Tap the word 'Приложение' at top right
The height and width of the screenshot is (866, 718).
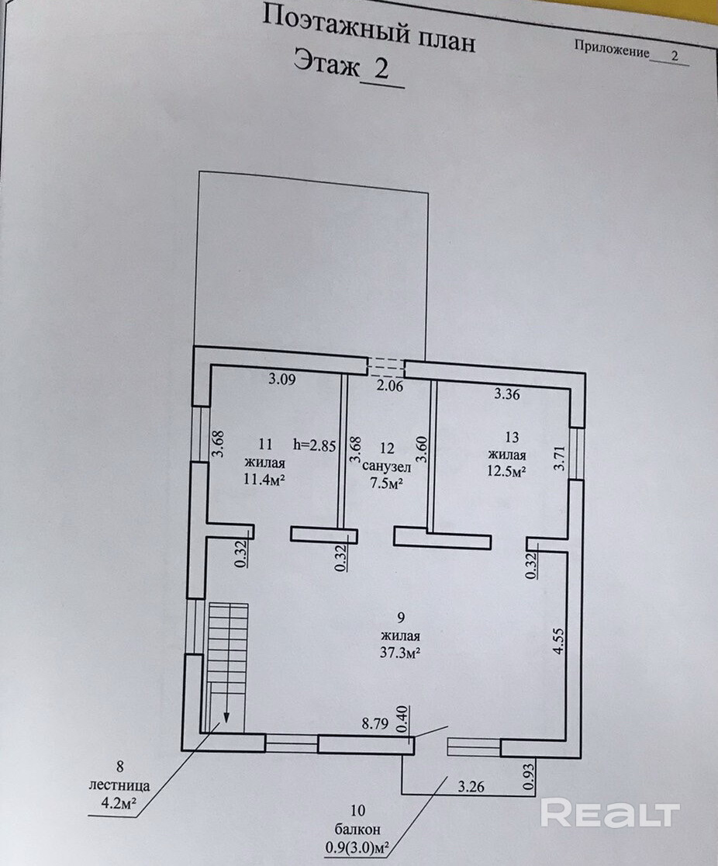(612, 48)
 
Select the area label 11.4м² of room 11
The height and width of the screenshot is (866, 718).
(263, 479)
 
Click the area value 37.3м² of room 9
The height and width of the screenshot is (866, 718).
(399, 653)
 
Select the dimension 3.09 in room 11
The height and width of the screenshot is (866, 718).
(282, 380)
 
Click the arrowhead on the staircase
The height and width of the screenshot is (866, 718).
(227, 717)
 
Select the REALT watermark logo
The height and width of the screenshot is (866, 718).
(609, 813)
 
